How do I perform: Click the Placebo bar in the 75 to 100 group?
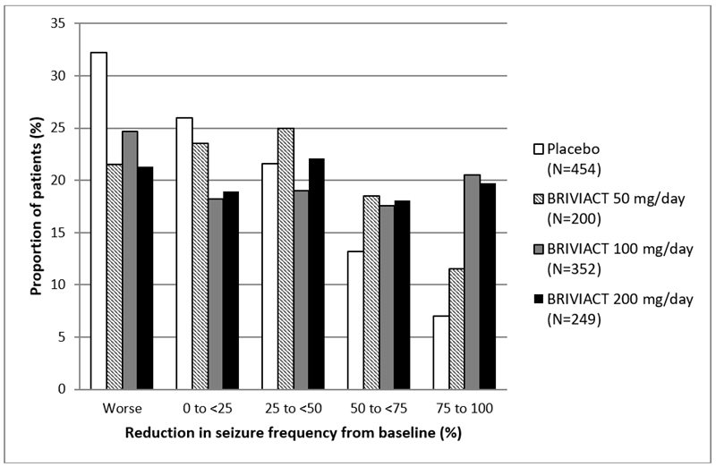(439, 352)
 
